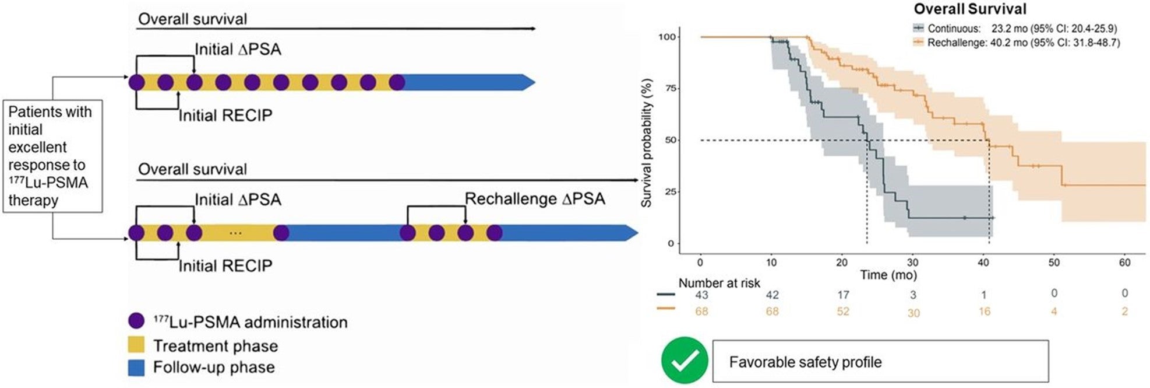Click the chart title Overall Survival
969,9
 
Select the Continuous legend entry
1014,28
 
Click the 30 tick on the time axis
912,263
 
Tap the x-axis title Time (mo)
888,275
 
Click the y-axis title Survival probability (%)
646,144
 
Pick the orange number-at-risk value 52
842,312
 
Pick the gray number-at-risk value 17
842,295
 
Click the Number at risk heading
719,283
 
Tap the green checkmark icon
685,361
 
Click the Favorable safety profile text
805,362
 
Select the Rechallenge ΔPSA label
534,199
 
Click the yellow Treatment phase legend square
136,345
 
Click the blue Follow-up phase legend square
136,368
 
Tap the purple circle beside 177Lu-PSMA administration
136,321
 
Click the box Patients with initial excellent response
52,156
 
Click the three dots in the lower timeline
235,233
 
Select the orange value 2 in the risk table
1124,312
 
